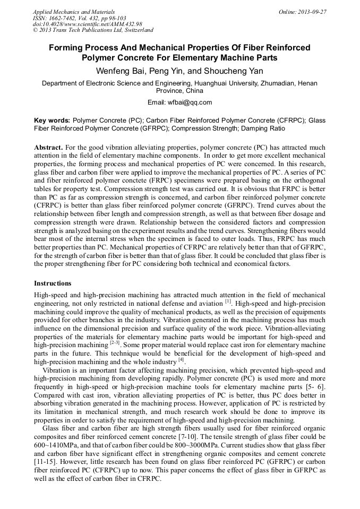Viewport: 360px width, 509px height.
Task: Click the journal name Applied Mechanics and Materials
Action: coord(74,12)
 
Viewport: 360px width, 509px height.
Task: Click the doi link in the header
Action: coord(87,24)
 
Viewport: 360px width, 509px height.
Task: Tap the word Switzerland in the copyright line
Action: coord(136,30)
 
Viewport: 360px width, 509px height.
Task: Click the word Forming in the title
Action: coord(68,47)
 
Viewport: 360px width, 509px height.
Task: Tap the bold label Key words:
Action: coord(52,120)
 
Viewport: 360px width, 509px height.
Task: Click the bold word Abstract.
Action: coord(49,146)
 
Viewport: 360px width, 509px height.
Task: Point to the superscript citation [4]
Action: coord(181,360)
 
